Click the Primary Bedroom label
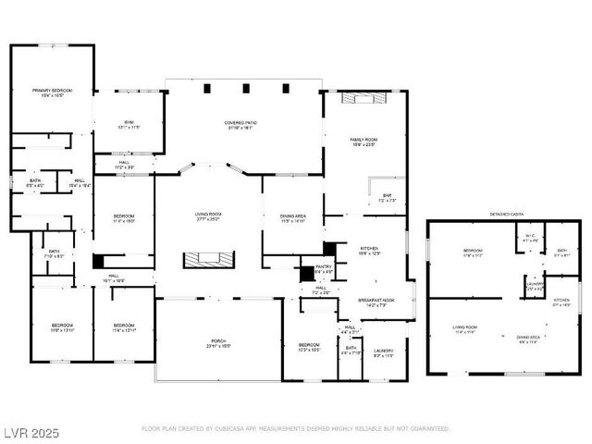coord(52,92)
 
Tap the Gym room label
coord(129,124)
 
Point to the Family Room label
coord(364,141)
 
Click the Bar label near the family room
coord(388,197)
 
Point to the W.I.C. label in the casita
coord(529,239)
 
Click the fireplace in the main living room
coord(209,259)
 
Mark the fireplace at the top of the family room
coord(363,97)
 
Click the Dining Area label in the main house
coord(292,218)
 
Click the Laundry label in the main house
coord(383,353)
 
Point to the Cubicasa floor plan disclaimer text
coord(296,429)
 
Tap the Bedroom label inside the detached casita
coord(472,252)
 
